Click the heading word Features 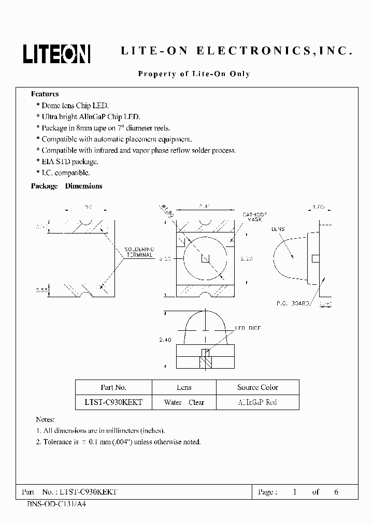point(45,94)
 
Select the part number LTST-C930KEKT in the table point(113,402)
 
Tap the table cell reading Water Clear point(184,402)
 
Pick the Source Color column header point(257,387)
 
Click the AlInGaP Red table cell point(257,402)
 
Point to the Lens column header point(184,387)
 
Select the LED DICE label point(249,328)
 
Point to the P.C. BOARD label point(293,304)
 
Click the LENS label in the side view point(277,228)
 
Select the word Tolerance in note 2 point(60,442)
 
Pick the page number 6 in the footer point(336,492)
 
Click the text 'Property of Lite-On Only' point(194,74)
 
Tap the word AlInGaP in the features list point(99,117)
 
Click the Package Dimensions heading point(66,186)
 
